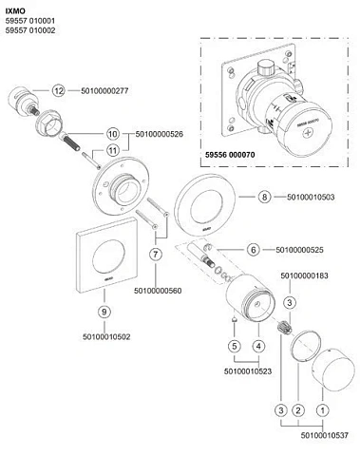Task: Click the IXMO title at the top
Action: coord(15,11)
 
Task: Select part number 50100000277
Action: coord(104,91)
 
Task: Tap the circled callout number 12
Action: coord(59,91)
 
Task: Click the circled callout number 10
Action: coord(113,134)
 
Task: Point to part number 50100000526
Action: coord(160,134)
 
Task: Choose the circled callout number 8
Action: coord(264,197)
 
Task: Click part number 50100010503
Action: coord(311,197)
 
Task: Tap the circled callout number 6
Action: coord(254,250)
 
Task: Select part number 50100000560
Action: coord(158,291)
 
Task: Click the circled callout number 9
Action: coord(104,312)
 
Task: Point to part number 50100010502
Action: coord(106,336)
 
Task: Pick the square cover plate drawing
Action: coord(106,255)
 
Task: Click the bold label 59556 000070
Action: coord(230,155)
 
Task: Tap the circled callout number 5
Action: coord(235,346)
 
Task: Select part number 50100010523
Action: coord(248,371)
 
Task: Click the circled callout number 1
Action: coord(323,410)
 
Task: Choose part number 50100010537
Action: coord(325,435)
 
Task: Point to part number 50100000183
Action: coord(305,275)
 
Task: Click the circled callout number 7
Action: coord(156,255)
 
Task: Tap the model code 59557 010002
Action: coord(30,30)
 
